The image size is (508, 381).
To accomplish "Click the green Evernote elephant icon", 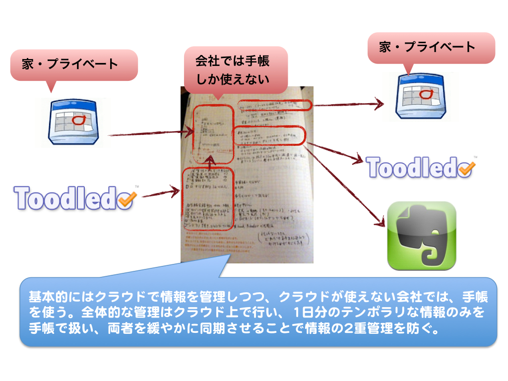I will point(422,236).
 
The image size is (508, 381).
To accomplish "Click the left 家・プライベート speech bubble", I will point(73,64).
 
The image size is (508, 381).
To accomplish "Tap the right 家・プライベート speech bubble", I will point(431,48).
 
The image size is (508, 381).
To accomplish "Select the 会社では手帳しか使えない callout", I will point(235,69).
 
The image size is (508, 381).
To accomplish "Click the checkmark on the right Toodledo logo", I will point(465,169).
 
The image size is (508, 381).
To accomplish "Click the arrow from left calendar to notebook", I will point(149,133).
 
